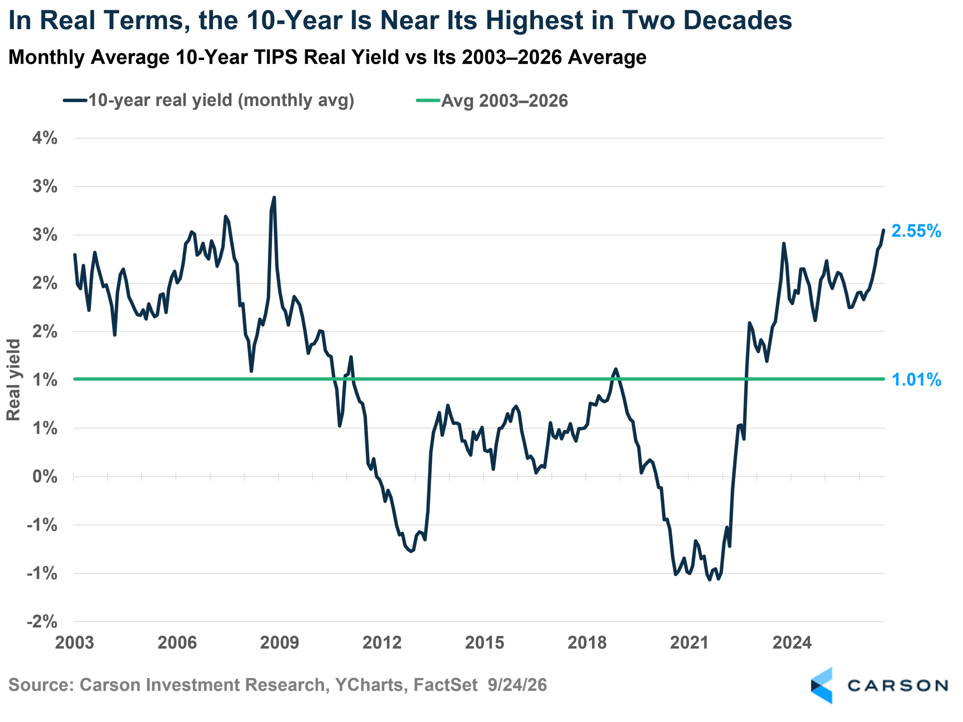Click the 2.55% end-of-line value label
click(x=916, y=231)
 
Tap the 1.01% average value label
click(x=916, y=380)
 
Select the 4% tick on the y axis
click(x=45, y=138)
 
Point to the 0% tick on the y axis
click(x=45, y=476)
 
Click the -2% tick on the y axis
click(x=42, y=622)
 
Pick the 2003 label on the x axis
click(x=74, y=643)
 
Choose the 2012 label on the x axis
click(x=382, y=643)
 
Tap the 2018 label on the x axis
click(x=587, y=643)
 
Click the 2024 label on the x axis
click(x=792, y=643)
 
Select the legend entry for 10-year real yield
click(x=209, y=100)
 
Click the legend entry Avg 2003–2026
click(x=492, y=100)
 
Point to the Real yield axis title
click(x=14, y=380)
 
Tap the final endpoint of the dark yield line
click(x=883, y=230)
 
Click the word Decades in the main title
click(x=738, y=20)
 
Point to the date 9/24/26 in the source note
click(x=517, y=685)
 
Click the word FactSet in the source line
click(x=445, y=685)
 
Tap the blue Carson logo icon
click(x=822, y=686)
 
